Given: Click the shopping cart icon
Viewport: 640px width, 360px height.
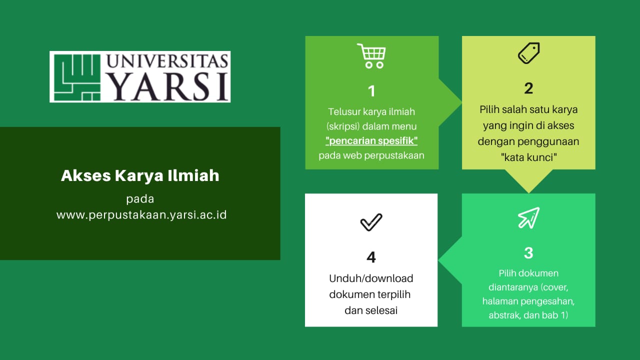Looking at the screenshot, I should pyautogui.click(x=371, y=55).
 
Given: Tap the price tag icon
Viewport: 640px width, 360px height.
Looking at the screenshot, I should pyautogui.click(x=528, y=53).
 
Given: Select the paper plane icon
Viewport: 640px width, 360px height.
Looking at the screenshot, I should pyautogui.click(x=528, y=217).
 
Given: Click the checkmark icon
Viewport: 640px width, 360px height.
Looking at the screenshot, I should pyautogui.click(x=371, y=222).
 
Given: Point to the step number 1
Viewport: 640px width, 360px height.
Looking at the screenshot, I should pyautogui.click(x=371, y=91).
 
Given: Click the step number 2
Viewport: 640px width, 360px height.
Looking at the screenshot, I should pyautogui.click(x=528, y=88).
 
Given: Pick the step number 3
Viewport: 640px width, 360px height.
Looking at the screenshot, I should pyautogui.click(x=528, y=253).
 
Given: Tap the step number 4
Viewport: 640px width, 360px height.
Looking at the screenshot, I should pyautogui.click(x=371, y=257).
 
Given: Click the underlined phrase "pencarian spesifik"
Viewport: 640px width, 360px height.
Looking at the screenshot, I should pyautogui.click(x=371, y=141).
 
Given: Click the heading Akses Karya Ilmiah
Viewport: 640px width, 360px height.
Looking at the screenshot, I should pyautogui.click(x=140, y=176).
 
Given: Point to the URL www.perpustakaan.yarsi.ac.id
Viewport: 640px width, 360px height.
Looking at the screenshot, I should pyautogui.click(x=141, y=215).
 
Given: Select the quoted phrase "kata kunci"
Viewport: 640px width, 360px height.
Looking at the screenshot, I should pyautogui.click(x=528, y=157).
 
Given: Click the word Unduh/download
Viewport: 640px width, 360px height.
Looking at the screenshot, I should pyautogui.click(x=371, y=278).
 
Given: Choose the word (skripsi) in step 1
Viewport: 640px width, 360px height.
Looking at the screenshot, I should pyautogui.click(x=345, y=126).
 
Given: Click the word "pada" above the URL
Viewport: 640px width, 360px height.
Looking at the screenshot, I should pyautogui.click(x=140, y=199).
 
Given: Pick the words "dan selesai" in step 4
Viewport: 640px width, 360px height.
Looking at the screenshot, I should pyautogui.click(x=371, y=310).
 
